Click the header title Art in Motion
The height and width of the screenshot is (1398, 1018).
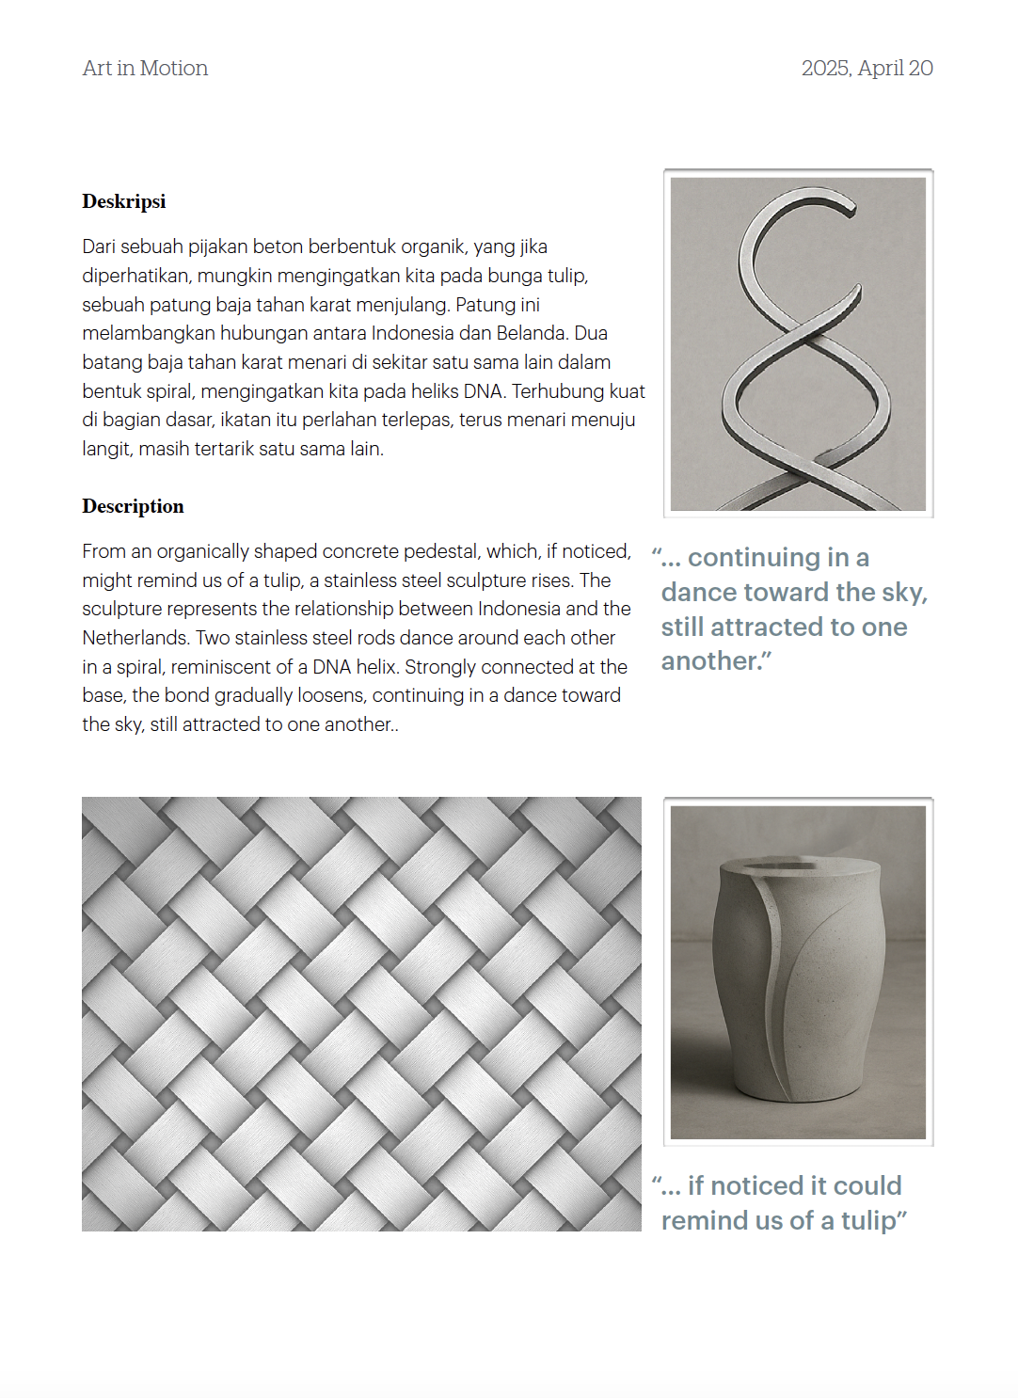click(145, 69)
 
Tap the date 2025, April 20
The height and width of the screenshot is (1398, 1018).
click(867, 69)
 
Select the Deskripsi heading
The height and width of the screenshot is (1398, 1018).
click(123, 201)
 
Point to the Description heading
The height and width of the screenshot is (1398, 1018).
click(133, 506)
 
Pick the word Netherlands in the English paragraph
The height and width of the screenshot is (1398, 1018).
click(135, 638)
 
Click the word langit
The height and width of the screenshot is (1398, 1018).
click(106, 450)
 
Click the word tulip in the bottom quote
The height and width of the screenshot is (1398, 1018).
click(868, 1221)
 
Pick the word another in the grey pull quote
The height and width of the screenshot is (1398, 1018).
click(710, 661)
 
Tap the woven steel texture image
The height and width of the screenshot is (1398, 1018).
click(361, 1014)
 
